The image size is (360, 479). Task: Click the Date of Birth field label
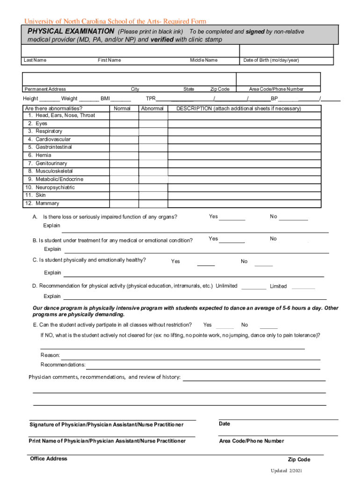(271, 60)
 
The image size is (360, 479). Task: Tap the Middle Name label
(203, 60)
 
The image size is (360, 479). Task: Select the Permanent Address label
(45, 89)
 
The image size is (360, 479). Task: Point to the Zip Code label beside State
(220, 89)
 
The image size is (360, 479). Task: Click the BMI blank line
(121, 99)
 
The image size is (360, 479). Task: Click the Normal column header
(122, 109)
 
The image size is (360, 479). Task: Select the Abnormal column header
(152, 109)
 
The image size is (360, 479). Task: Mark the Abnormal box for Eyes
(153, 123)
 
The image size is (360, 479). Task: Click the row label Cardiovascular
(53, 139)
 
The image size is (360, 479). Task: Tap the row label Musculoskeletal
(54, 171)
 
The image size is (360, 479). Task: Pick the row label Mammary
(47, 203)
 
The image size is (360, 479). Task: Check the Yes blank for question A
(232, 218)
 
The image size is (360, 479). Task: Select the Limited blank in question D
(303, 288)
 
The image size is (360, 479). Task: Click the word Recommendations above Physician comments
(63, 364)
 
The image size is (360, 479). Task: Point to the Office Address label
(49, 459)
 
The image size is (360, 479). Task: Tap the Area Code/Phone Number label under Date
(252, 441)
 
